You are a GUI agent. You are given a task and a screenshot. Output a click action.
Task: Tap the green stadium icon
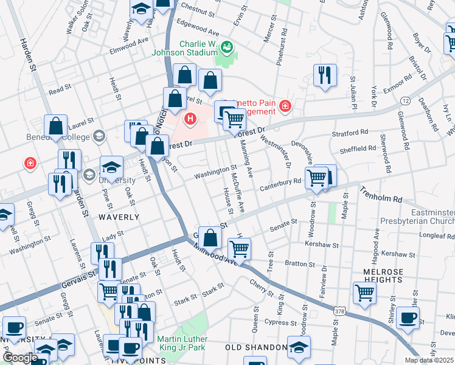tap(226, 47)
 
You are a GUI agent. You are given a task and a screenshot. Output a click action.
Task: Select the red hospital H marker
tap(191, 118)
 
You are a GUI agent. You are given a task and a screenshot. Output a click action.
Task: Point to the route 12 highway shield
tap(405, 100)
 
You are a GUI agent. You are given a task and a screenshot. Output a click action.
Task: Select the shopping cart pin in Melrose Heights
tap(364, 292)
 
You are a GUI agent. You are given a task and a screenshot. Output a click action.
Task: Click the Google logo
tap(19, 358)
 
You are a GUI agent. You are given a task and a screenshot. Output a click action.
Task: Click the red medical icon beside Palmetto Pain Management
tap(285, 107)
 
